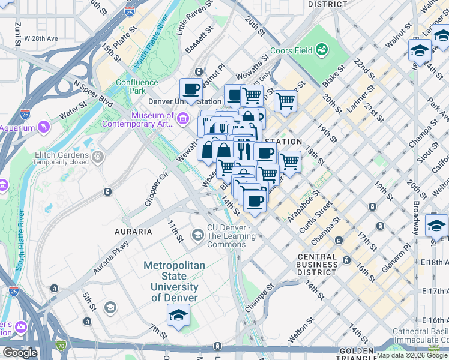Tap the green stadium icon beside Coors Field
pyautogui.click(x=322, y=48)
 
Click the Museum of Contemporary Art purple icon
pyautogui.click(x=182, y=120)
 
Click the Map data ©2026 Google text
pyautogui.click(x=412, y=356)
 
